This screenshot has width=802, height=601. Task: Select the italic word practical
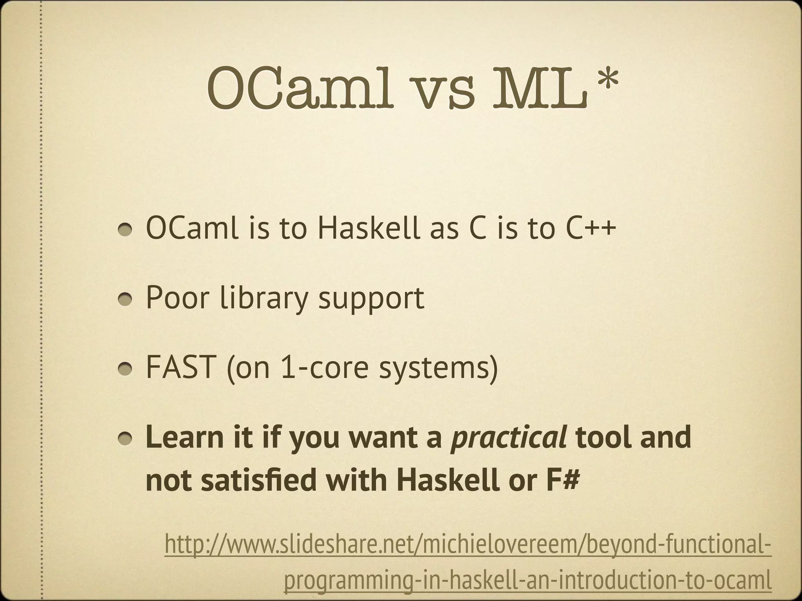pos(509,438)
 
